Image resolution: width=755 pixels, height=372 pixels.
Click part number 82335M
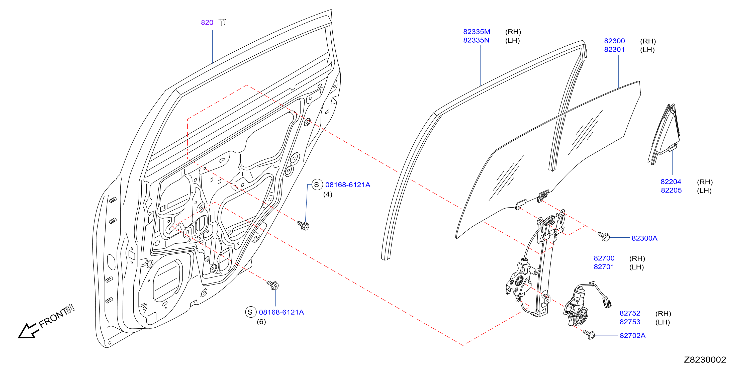[x=477, y=32]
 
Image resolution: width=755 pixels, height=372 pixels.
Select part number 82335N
[x=476, y=40]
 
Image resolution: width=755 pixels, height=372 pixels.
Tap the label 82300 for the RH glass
[x=614, y=41]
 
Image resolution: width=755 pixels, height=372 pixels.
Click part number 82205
[x=671, y=190]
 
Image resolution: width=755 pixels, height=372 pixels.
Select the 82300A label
[x=644, y=238]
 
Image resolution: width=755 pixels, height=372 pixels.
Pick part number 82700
[x=604, y=258]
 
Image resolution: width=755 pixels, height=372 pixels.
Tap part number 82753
[x=630, y=322]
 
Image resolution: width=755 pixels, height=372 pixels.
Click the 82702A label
[x=632, y=336]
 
